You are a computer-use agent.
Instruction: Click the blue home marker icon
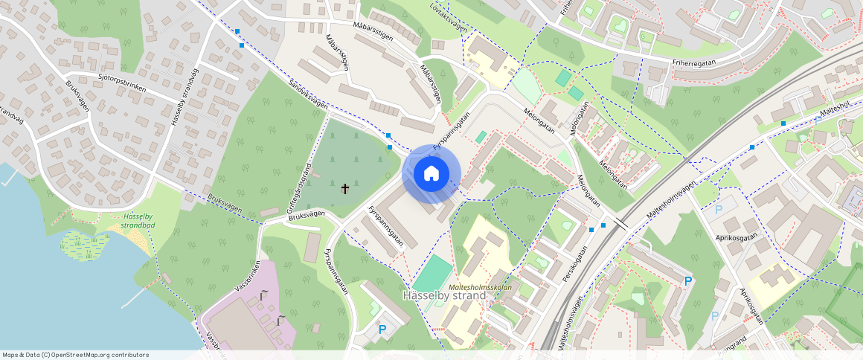431,174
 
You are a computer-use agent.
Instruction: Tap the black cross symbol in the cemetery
344,189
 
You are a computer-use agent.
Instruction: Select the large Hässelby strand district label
444,295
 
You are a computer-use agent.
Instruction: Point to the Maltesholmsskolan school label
481,286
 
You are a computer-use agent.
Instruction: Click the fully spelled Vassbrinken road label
248,275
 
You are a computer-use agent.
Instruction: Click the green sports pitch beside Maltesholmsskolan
432,274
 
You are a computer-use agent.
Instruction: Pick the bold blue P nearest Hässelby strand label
382,329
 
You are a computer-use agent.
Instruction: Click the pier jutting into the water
135,297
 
